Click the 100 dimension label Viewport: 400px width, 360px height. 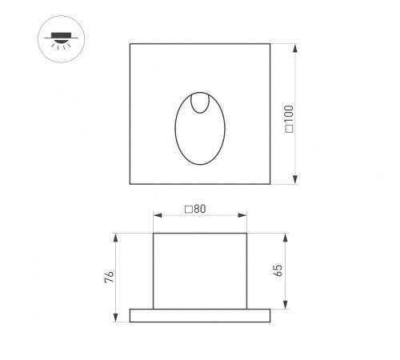[x=289, y=114]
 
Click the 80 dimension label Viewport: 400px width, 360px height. [x=200, y=209]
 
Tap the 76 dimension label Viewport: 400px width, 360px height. [x=110, y=277]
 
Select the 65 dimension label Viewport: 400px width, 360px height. [x=278, y=270]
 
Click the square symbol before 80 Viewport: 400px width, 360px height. [x=189, y=210]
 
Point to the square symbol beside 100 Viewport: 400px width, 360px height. [x=290, y=129]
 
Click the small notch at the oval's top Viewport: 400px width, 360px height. [x=200, y=103]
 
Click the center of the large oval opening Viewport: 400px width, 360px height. [x=200, y=129]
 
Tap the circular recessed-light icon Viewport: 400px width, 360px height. [x=61, y=39]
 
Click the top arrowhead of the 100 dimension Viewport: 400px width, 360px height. [x=295, y=48]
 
